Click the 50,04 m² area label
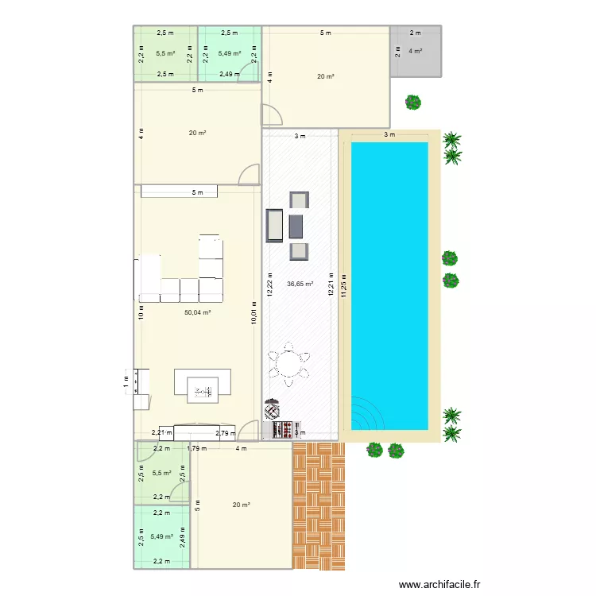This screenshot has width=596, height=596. point(197,312)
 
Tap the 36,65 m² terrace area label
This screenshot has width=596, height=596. point(300,283)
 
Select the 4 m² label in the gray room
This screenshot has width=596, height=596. point(415,51)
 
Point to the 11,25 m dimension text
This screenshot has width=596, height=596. point(343,283)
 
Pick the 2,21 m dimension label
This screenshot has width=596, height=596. point(161,433)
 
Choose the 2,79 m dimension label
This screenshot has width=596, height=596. point(226,433)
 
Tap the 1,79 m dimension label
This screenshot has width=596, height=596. point(196,448)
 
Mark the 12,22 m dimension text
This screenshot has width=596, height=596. point(269,284)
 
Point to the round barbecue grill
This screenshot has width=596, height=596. point(272,408)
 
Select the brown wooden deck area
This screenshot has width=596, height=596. point(319,505)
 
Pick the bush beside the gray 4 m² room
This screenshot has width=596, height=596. point(412,102)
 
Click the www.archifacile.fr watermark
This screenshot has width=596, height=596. point(439,584)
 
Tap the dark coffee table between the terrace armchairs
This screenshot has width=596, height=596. point(297,225)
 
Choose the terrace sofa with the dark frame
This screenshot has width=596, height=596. point(273,226)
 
